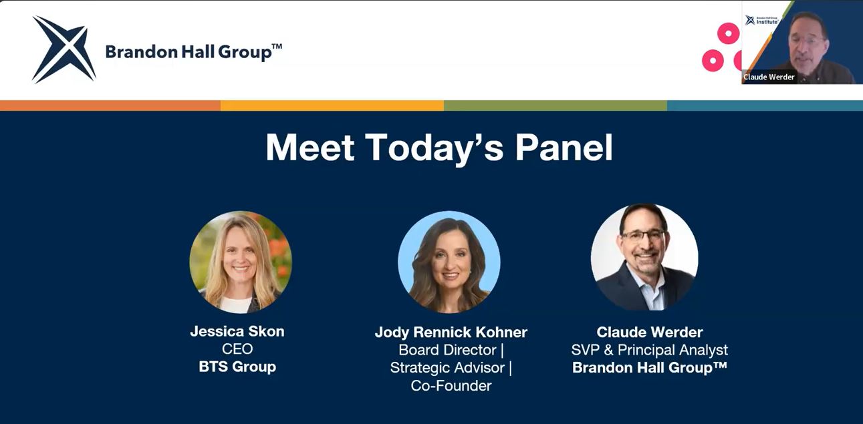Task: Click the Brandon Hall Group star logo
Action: click(64, 49)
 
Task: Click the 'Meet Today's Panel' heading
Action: click(439, 148)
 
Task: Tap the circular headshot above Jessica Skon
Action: click(241, 262)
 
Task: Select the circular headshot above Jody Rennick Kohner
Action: click(449, 262)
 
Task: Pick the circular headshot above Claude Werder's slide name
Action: click(644, 257)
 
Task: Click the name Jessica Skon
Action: click(237, 331)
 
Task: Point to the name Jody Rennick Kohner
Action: click(451, 332)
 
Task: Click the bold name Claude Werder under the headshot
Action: click(650, 332)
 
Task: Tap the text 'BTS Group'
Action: click(237, 367)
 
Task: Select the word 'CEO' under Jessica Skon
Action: click(237, 349)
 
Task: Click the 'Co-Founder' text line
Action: click(451, 385)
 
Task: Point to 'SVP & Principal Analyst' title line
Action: click(650, 350)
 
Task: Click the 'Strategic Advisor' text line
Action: click(447, 367)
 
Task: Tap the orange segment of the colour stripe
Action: click(110, 105)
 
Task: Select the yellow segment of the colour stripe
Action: click(332, 105)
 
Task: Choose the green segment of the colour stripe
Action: click(556, 105)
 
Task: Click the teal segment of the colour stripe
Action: click(765, 105)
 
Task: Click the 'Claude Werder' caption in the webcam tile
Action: click(769, 77)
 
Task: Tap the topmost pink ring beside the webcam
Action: click(728, 33)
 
